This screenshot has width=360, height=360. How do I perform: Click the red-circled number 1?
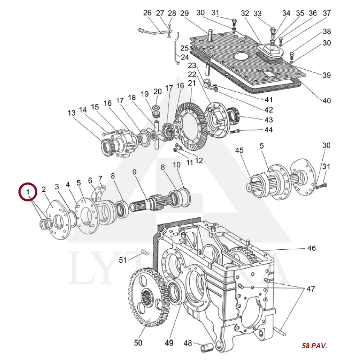click(28, 193)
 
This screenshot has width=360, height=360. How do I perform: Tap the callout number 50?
click(138, 343)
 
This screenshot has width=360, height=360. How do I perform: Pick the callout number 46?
click(311, 248)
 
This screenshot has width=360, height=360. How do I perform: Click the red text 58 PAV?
click(314, 346)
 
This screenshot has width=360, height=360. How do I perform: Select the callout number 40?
click(326, 100)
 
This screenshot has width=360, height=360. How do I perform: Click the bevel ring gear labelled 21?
click(191, 126)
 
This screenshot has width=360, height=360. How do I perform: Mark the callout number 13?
click(72, 113)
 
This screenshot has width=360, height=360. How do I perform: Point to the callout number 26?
click(147, 13)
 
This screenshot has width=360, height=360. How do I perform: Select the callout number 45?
click(239, 150)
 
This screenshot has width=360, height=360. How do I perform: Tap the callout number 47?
click(311, 288)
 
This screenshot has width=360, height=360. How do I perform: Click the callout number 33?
click(257, 13)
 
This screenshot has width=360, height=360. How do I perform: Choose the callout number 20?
click(157, 91)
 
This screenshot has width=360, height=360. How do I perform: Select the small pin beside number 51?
click(144, 253)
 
